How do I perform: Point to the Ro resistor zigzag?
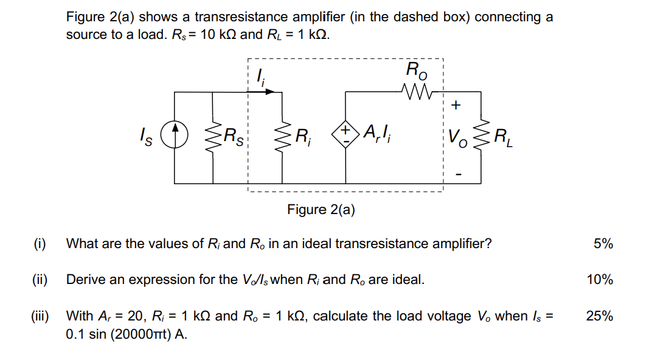[x=415, y=92]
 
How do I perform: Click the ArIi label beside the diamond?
[x=378, y=132]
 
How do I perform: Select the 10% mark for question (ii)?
[x=600, y=280]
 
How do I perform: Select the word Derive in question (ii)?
[x=85, y=280]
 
